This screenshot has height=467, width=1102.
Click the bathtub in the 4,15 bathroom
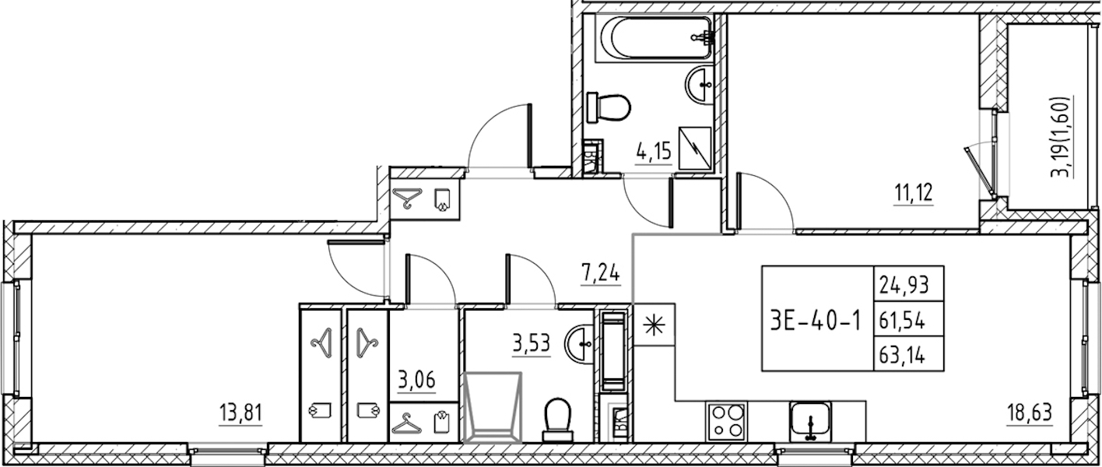(654, 38)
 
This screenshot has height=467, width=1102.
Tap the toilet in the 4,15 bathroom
(609, 107)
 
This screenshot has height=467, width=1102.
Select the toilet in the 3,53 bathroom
(558, 420)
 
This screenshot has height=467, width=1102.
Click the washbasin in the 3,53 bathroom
(580, 345)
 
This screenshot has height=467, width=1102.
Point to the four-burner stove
(726, 421)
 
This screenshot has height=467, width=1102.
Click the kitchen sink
(810, 421)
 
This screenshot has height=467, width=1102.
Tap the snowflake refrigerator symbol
(654, 325)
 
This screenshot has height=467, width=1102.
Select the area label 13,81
(241, 414)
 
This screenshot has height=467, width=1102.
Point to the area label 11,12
(913, 193)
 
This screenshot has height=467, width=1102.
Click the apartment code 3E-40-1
(816, 321)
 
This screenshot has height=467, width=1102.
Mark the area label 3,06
(416, 381)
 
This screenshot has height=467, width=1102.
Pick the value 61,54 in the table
(902, 321)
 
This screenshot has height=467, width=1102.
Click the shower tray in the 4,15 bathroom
(695, 148)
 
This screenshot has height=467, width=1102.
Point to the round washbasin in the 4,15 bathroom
(700, 86)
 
